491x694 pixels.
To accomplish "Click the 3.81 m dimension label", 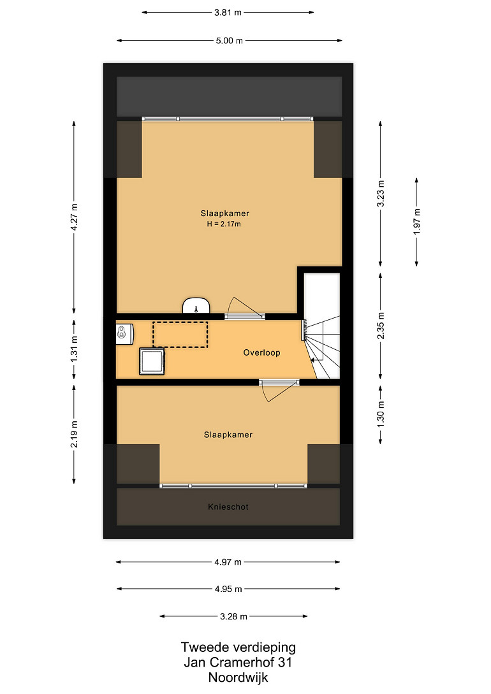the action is (x=228, y=13).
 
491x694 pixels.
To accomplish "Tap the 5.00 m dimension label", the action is (x=230, y=41).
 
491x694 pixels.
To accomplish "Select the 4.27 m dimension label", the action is (x=75, y=217).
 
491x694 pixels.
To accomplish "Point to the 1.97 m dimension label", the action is (x=416, y=221).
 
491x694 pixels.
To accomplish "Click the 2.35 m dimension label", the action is (x=381, y=326).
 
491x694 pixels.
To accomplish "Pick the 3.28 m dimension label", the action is (x=234, y=616).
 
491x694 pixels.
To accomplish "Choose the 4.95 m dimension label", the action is (x=228, y=589).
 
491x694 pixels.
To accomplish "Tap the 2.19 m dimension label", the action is (x=75, y=434).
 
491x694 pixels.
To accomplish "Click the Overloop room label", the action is (x=261, y=353).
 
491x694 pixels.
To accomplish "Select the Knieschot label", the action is (x=228, y=507).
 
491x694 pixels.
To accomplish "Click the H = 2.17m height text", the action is (x=224, y=224).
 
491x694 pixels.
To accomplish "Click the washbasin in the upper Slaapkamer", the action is (x=196, y=305).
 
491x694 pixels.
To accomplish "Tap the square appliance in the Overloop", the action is (x=152, y=361).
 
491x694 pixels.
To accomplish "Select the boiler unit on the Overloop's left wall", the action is (x=124, y=334).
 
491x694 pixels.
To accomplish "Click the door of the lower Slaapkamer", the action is (x=279, y=389).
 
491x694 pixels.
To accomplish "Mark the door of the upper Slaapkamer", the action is (x=245, y=308).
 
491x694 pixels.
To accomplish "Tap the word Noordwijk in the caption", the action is (x=238, y=677).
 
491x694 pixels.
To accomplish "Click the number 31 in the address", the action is (x=284, y=663).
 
